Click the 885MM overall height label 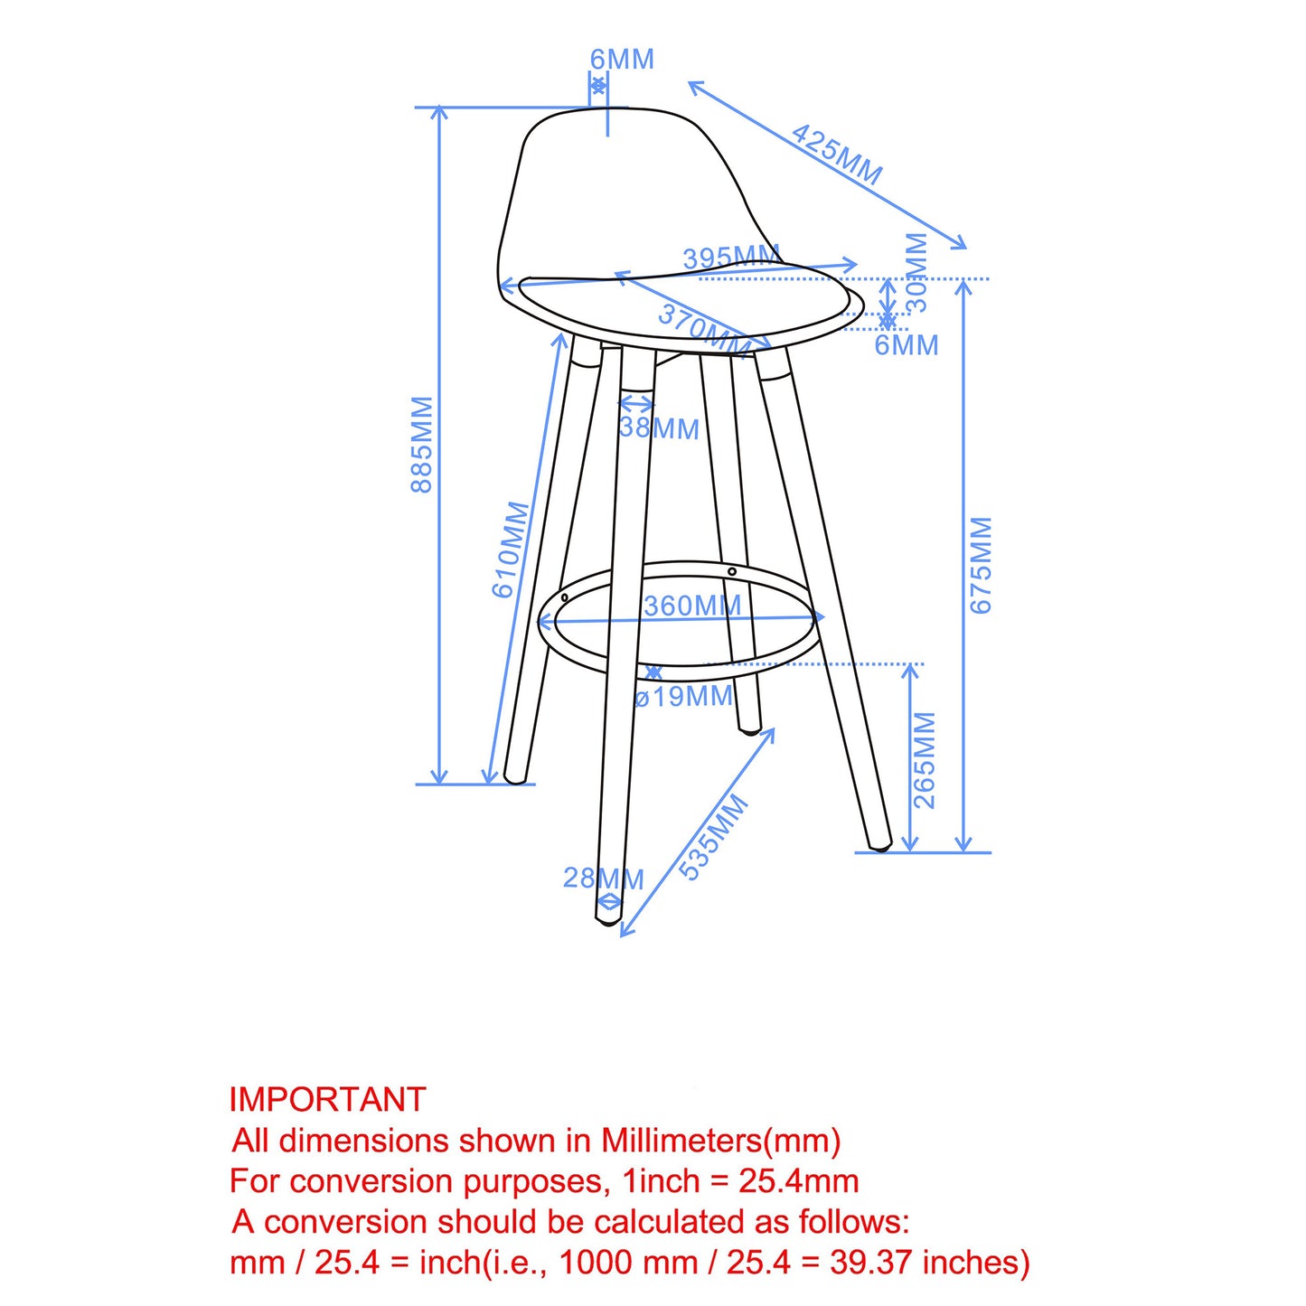coord(422,444)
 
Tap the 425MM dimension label coord(836,154)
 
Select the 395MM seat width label coord(730,258)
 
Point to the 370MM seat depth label coord(704,329)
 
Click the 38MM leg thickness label coord(660,428)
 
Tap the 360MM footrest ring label coord(692,606)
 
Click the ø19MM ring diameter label coord(684,697)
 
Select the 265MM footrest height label coord(925,759)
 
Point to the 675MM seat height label coord(981,565)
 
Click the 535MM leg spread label coord(714,836)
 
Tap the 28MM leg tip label coord(603,878)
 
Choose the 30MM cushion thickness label coord(916,271)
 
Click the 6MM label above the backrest coord(622,60)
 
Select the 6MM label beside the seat coord(906,345)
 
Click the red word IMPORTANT coord(327,1099)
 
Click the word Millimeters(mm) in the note coord(721,1141)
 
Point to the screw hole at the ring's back coord(732,571)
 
